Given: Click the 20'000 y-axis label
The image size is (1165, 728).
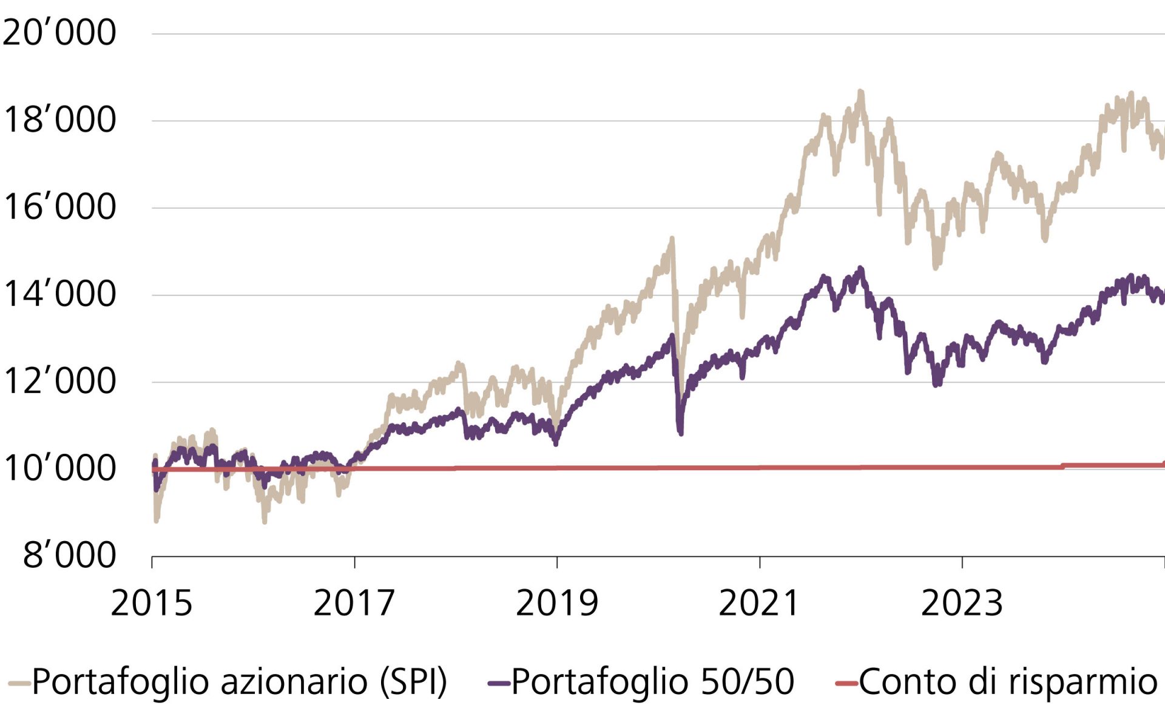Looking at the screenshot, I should (x=59, y=33).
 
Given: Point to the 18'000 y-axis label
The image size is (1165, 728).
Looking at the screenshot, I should (x=59, y=120).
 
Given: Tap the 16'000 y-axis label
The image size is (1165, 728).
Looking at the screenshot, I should (x=59, y=207).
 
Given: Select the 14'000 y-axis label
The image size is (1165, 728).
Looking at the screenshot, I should (x=59, y=294).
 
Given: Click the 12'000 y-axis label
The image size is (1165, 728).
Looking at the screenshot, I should (x=59, y=382).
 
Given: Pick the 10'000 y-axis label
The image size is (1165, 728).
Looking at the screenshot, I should (x=59, y=468).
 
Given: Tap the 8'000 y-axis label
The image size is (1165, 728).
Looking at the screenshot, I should (x=69, y=555).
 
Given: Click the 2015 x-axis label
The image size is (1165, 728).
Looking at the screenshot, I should (x=152, y=603).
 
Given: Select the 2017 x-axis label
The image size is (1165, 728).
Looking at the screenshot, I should (x=354, y=603).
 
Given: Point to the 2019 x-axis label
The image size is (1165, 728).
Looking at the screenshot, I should (x=557, y=603).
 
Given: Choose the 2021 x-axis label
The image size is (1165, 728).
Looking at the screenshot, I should (x=759, y=603).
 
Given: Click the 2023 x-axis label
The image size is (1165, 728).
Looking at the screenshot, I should (x=962, y=603).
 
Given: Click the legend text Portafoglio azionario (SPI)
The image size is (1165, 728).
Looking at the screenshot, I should (x=239, y=681).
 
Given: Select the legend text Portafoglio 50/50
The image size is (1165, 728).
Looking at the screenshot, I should (x=652, y=681).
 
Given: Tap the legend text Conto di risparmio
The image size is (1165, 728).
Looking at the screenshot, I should (x=1008, y=681).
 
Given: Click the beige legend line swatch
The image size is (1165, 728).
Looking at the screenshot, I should (x=19, y=684).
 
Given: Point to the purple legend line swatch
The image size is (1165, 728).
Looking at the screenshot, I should (x=499, y=684).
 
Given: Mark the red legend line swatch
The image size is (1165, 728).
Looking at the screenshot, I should (x=846, y=684).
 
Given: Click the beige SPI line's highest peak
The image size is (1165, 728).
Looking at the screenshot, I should (x=860, y=93).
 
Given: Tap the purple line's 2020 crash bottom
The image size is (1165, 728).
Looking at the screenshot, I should (x=680, y=432).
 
